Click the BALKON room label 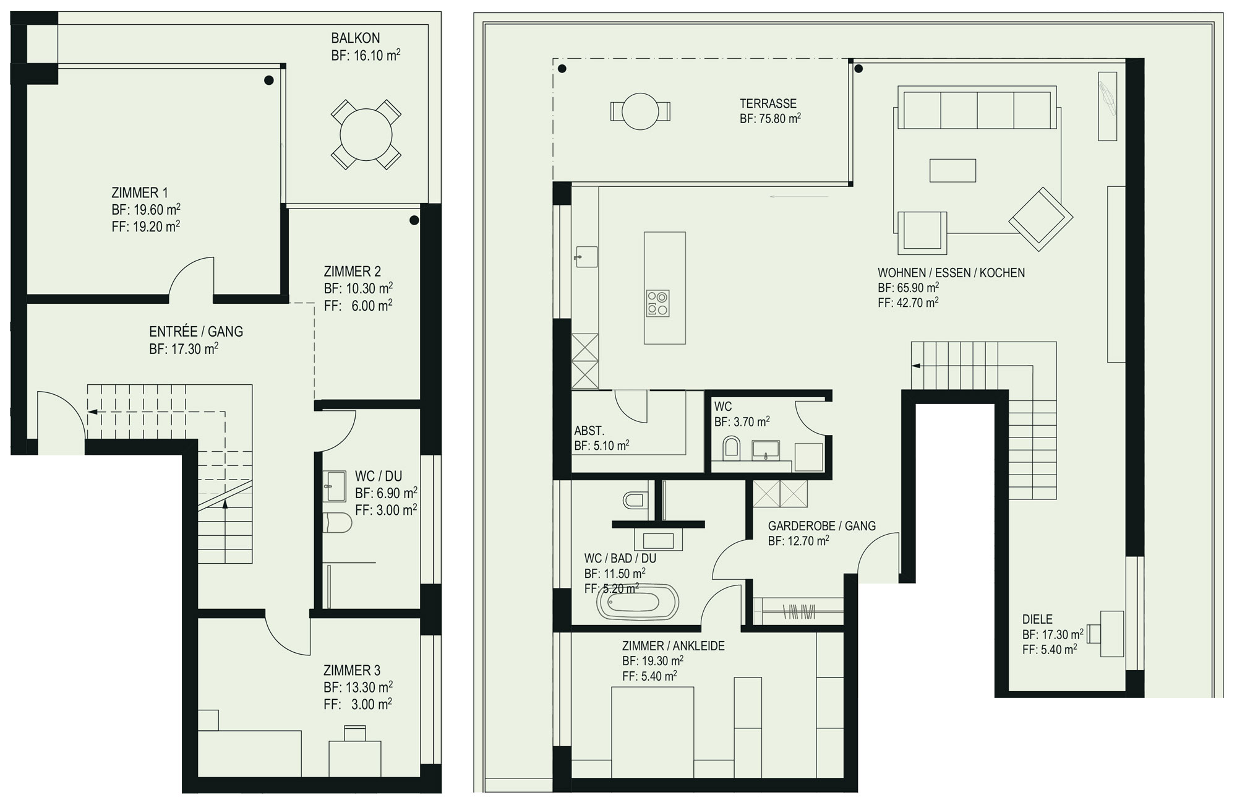tap(356, 38)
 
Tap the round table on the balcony tap(366, 134)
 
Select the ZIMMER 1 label tap(140, 192)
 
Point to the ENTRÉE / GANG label tap(196, 332)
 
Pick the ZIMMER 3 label tap(352, 670)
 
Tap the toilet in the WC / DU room tap(338, 523)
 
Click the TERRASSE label tap(768, 103)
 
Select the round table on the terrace tap(640, 111)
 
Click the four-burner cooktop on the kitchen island tap(657, 303)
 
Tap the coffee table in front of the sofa tap(953, 170)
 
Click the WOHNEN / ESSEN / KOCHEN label tap(951, 273)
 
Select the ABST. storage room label tap(589, 431)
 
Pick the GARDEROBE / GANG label tap(822, 526)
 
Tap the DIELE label tap(1037, 619)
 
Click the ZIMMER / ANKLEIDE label tap(674, 646)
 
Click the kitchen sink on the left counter tap(586, 257)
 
